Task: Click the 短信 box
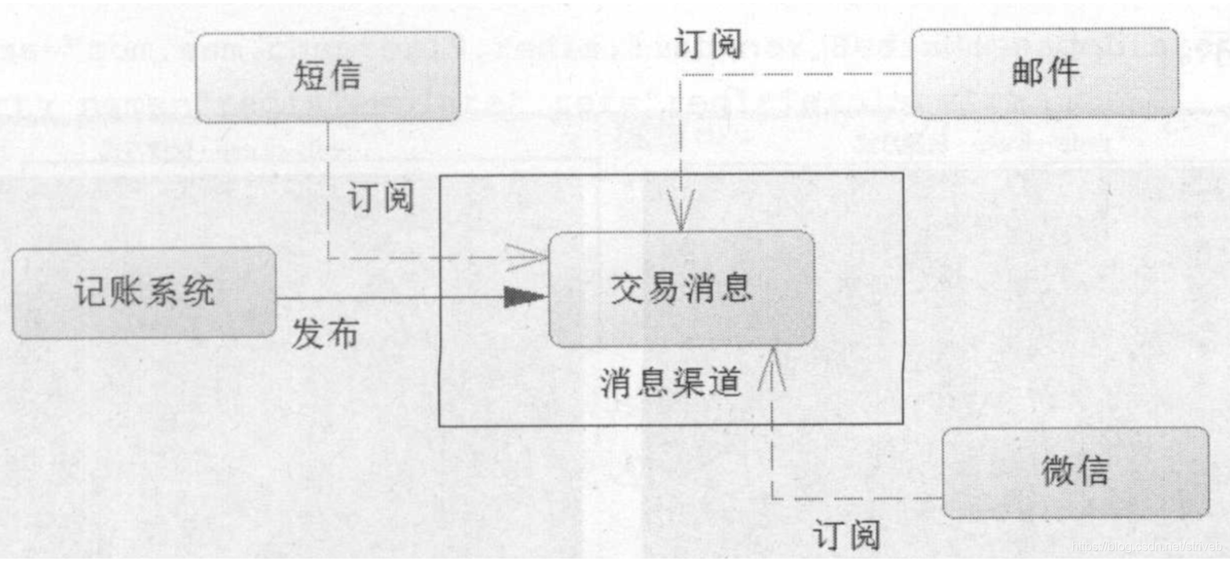[x=328, y=77]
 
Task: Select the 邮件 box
[x=1045, y=72]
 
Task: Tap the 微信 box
[x=1075, y=472]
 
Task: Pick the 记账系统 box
[x=144, y=293]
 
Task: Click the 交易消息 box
[x=681, y=288]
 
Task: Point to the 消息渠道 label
[x=672, y=383]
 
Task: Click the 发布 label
[x=325, y=335]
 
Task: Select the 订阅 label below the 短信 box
[x=379, y=199]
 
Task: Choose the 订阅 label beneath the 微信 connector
[x=846, y=537]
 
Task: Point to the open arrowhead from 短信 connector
[x=531, y=255]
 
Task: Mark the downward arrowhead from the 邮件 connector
[x=680, y=219]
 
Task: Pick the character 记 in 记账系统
[x=87, y=293]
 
